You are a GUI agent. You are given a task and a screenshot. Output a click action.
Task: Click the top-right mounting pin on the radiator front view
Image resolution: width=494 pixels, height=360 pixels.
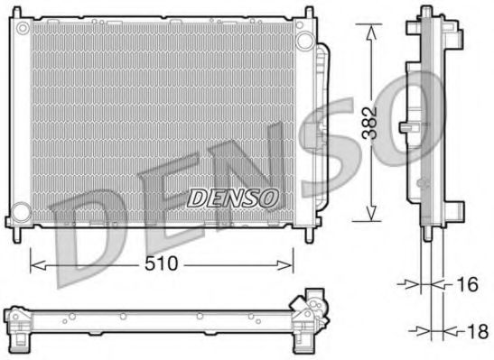coord(298,15)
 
